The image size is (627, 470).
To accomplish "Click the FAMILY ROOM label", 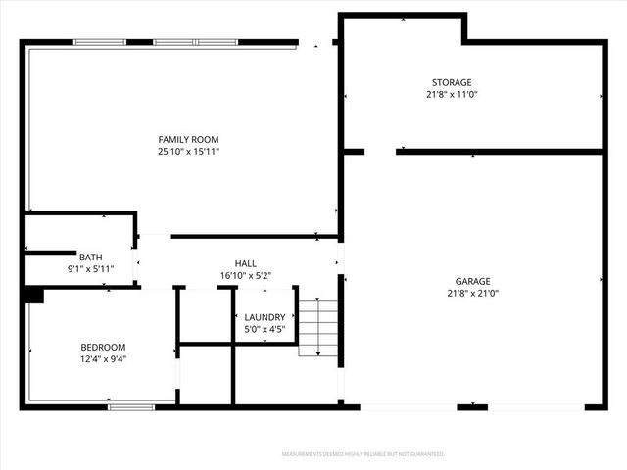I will tap(187, 139).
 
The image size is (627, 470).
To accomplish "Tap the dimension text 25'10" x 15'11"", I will tap(187, 152).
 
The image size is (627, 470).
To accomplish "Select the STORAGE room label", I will tap(451, 82).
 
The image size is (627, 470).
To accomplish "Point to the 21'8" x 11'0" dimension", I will tap(451, 95).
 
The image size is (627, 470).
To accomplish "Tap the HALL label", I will tap(245, 263).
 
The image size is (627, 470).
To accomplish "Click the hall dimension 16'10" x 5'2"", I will tap(245, 276).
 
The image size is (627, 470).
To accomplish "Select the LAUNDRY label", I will tap(265, 317).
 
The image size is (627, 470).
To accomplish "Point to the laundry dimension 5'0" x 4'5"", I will tap(265, 330).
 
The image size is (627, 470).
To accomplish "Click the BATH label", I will tap(90, 257).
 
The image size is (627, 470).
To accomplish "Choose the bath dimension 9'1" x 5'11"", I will tap(90, 269).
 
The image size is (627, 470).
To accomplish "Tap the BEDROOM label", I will tap(103, 347).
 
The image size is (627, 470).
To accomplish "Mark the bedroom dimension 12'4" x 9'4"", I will tap(103, 359).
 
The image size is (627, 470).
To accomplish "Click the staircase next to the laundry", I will tap(317, 329).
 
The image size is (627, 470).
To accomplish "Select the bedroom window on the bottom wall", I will tap(130, 406).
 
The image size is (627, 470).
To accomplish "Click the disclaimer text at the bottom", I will tap(363, 454).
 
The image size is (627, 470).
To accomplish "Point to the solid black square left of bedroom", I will tap(34, 294).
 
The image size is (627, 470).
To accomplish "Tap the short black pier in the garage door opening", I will tap(472, 406).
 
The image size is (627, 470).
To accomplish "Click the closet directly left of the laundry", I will tap(205, 315).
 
